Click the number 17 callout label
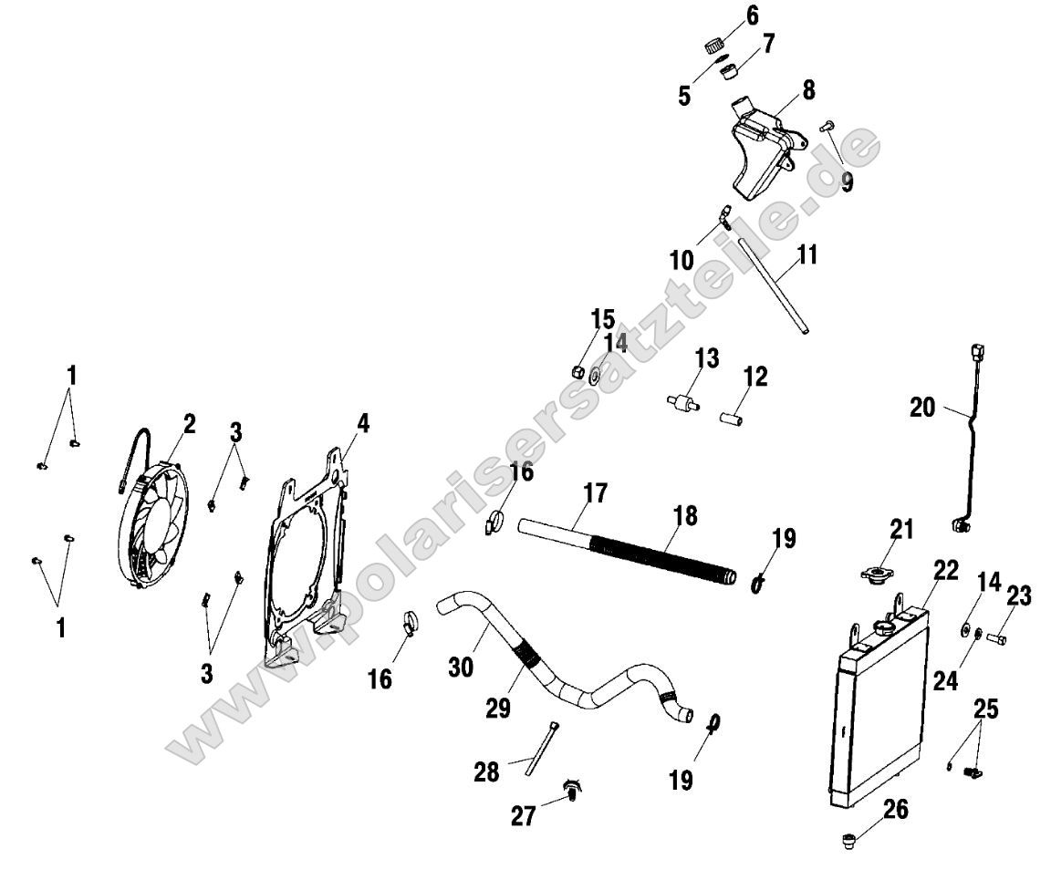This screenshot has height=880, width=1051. tap(595, 494)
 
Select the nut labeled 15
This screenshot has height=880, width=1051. tap(577, 370)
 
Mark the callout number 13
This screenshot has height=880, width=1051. tap(707, 358)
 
